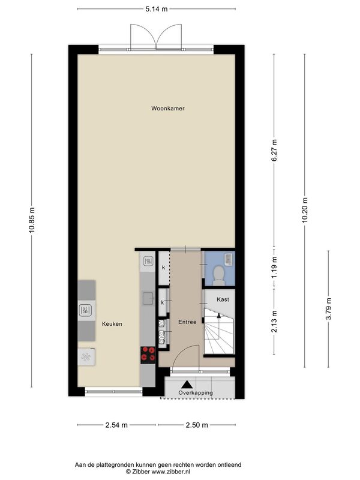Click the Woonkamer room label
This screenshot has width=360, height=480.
[168, 109]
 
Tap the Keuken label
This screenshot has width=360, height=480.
[112, 324]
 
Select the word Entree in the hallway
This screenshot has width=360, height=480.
[187, 322]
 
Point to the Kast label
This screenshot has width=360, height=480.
[223, 299]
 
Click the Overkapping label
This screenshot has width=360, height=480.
[196, 393]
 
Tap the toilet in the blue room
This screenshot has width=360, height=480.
[218, 275]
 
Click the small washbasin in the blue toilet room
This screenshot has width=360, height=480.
[229, 259]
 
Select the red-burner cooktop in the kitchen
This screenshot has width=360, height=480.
[148, 355]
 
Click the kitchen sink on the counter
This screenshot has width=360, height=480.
[148, 299]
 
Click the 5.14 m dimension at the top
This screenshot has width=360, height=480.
[157, 9]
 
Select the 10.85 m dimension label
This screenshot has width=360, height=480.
[32, 220]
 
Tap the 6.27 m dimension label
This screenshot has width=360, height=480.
[274, 151]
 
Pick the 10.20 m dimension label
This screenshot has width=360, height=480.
[305, 211]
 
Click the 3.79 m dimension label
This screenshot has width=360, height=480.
[328, 308]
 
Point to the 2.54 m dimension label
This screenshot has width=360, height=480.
[116, 425]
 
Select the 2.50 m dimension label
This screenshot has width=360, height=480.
[197, 425]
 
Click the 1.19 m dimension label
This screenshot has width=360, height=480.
[274, 267]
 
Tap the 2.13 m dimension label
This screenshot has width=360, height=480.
[274, 321]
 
